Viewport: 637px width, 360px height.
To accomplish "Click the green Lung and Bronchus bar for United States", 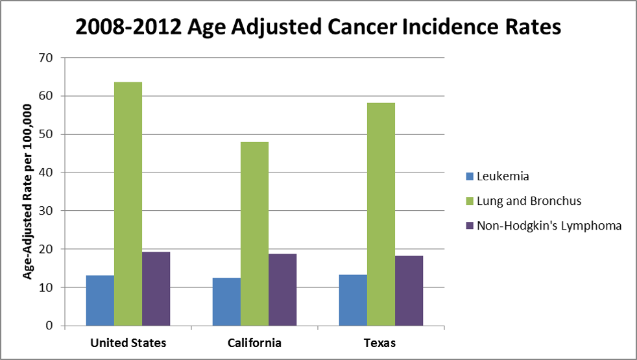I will pos(128,204).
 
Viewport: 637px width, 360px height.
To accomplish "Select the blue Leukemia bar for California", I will pos(226,302).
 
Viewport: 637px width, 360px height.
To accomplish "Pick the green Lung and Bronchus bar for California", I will pos(254,234).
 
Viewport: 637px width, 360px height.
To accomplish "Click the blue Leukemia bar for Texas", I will pos(352,300).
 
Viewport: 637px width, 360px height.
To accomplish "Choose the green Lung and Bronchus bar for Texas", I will pos(381,214).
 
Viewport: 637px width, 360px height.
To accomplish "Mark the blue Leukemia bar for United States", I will pos(100,300).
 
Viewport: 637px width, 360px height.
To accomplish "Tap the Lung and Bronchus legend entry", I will pos(529,201).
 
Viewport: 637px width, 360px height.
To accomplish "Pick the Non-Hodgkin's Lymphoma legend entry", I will pos(549,226).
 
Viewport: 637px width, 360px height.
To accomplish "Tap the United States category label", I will pos(127,343).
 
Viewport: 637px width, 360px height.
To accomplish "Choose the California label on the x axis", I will pos(254,343).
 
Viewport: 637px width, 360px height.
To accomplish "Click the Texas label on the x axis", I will pos(380,343).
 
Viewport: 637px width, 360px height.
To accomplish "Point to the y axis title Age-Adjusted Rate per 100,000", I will pos(28,191).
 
